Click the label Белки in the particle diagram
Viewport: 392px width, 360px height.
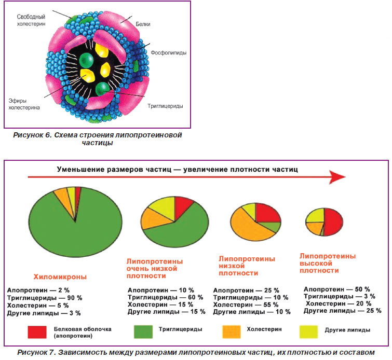coord(143,24)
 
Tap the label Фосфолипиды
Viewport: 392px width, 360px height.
coord(169,53)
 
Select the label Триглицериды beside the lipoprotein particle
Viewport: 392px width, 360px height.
coord(165,106)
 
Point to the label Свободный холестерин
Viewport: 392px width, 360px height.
coord(31,20)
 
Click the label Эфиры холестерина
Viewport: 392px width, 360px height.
coord(24,104)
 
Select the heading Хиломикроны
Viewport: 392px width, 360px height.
coord(60,277)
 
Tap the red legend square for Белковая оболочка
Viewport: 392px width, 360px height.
coord(37,332)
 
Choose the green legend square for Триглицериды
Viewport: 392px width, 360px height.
coord(143,332)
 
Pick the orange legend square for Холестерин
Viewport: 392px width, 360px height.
coord(232,332)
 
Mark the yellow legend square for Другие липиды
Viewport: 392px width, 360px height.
coord(308,332)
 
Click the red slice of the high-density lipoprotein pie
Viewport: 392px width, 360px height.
coord(334,222)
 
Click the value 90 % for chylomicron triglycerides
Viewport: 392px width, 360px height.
coord(74,298)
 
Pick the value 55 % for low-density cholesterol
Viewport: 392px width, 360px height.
coord(271,305)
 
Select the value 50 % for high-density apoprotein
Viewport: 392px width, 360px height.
coord(362,289)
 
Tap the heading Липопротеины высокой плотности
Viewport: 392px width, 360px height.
coord(328,264)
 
